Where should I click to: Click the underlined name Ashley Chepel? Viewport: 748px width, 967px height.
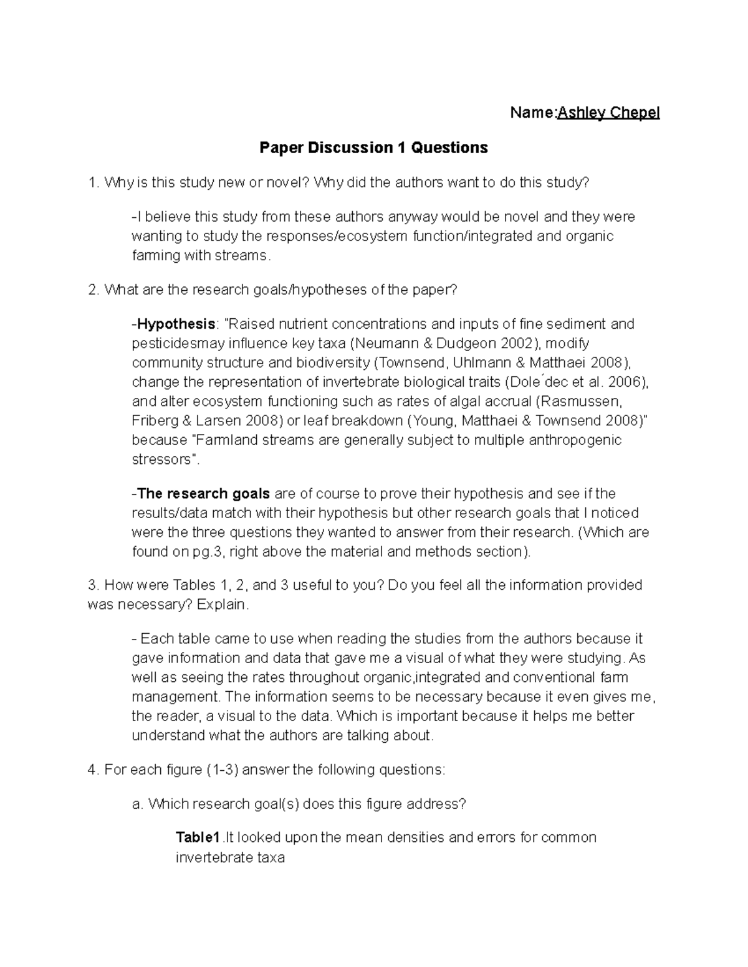tap(608, 113)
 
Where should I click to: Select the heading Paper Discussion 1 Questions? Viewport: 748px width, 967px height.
tap(373, 148)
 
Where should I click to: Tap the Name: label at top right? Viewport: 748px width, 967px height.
tap(533, 113)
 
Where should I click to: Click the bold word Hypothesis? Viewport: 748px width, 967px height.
tap(176, 324)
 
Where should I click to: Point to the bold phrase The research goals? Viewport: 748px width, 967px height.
tap(203, 494)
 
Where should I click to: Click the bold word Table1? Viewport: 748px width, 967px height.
tap(198, 837)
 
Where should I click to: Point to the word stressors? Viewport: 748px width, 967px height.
tap(161, 460)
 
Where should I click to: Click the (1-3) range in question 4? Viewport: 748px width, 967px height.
tap(221, 770)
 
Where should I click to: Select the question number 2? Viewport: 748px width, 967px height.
tap(93, 290)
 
